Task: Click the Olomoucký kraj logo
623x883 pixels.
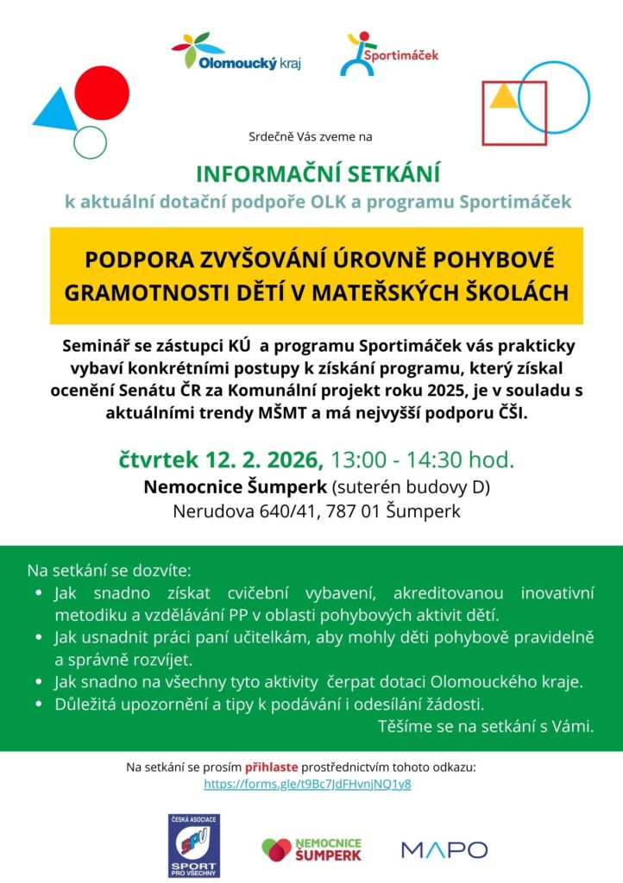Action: (236, 53)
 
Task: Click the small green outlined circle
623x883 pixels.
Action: (90, 141)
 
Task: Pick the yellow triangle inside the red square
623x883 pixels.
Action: (502, 96)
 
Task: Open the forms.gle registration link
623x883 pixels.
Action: (307, 784)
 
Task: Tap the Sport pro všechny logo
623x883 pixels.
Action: (193, 846)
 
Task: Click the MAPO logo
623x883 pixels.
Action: (444, 849)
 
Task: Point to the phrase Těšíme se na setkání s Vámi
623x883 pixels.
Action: (486, 727)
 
